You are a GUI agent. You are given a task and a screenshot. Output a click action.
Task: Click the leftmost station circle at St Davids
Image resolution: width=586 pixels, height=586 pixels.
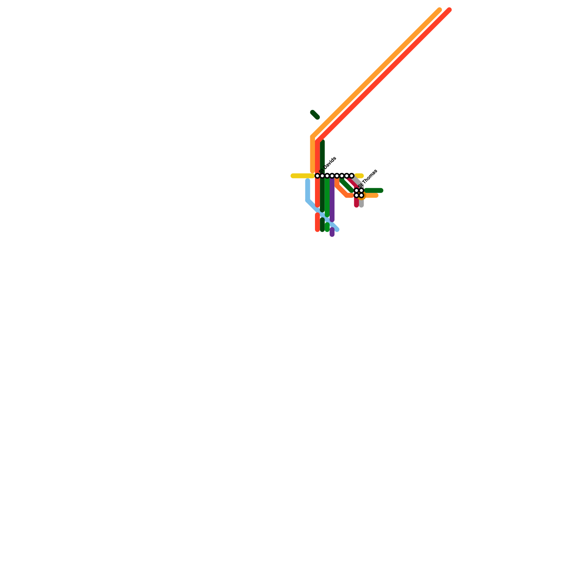pyautogui.click(x=318, y=176)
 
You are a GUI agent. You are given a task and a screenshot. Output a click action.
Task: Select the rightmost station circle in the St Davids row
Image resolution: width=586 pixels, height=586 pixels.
pyautogui.click(x=352, y=176)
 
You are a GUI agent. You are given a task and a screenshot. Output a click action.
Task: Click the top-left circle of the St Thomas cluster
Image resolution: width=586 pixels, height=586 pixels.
pyautogui.click(x=356, y=190)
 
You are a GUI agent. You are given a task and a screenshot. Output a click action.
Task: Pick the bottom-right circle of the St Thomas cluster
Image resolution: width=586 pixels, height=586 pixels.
pyautogui.click(x=361, y=196)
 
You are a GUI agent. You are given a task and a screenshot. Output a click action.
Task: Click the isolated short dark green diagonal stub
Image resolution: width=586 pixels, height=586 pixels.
pyautogui.click(x=315, y=115)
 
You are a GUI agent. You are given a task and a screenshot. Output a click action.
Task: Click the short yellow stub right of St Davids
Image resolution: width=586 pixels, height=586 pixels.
pyautogui.click(x=360, y=176)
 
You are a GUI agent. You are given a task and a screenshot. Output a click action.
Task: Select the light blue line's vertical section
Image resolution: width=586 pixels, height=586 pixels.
pyautogui.click(x=308, y=190)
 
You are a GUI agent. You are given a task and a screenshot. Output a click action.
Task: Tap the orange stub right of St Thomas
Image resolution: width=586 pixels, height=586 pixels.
pyautogui.click(x=372, y=196)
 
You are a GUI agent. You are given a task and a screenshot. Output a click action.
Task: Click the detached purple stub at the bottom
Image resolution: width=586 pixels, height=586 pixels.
pyautogui.click(x=332, y=232)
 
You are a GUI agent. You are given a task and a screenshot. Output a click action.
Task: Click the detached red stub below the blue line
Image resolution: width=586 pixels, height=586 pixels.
pyautogui.click(x=318, y=222)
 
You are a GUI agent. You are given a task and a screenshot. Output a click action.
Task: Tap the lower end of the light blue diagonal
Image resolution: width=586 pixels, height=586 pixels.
pyautogui.click(x=337, y=230)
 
